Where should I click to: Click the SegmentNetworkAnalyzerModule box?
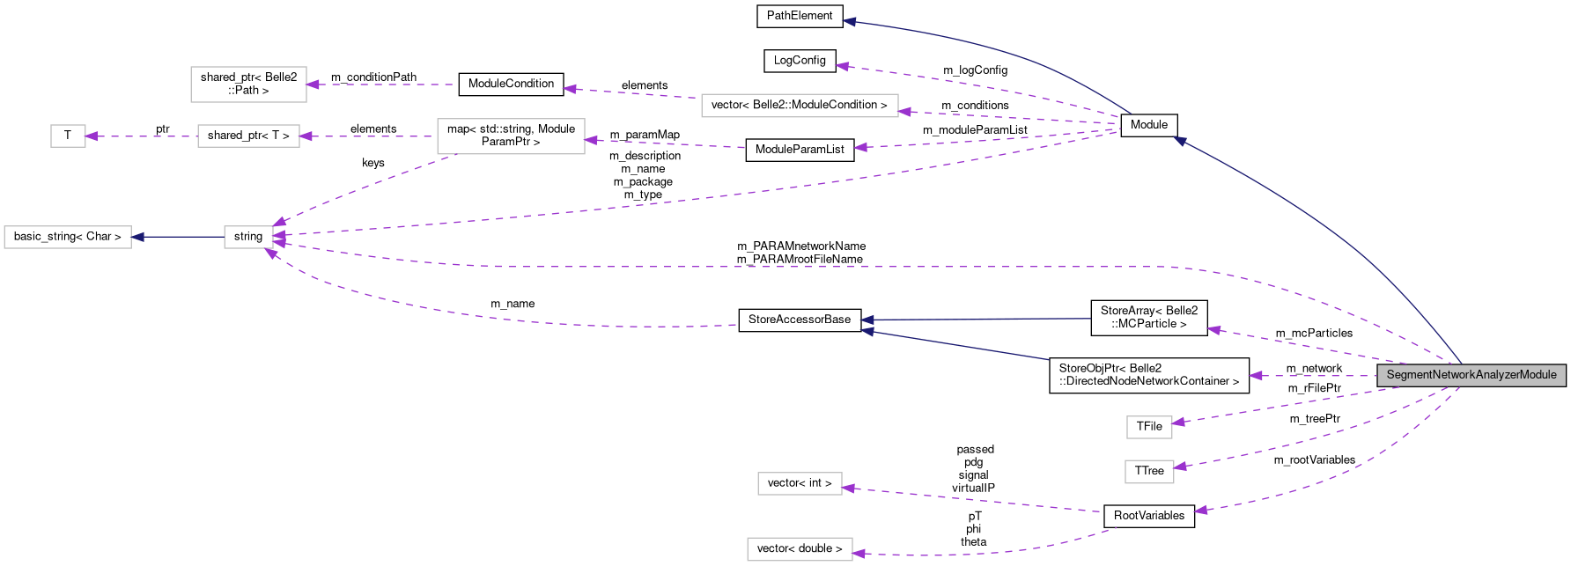[1471, 375]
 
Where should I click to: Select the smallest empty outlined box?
[68, 136]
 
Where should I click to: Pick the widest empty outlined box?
[800, 106]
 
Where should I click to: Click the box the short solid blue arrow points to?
[68, 237]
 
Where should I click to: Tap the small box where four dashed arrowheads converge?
[248, 237]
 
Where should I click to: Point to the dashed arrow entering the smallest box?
[141, 136]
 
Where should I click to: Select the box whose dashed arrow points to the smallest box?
[248, 136]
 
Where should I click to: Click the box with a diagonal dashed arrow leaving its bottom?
[511, 136]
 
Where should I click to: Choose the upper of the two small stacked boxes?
[1149, 427]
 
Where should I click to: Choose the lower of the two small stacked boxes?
[1149, 472]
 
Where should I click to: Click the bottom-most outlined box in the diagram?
[800, 549]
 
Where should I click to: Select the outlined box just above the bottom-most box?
[800, 484]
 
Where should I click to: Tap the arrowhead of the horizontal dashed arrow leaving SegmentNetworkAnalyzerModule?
[1256, 376]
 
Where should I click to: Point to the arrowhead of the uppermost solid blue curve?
[849, 22]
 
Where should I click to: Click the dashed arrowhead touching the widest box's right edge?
[905, 112]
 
